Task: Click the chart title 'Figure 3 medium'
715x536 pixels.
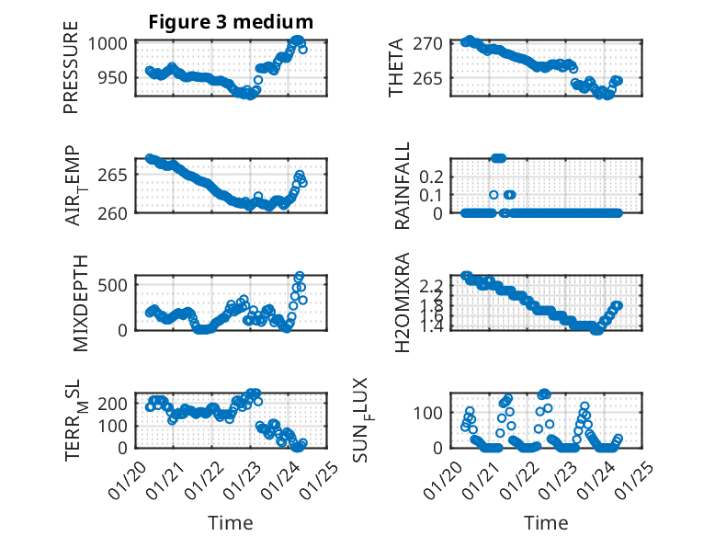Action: (231, 22)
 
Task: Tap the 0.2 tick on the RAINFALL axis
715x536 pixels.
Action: (432, 176)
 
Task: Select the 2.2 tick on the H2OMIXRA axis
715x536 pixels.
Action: (432, 286)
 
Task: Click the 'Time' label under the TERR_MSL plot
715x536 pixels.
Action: (231, 522)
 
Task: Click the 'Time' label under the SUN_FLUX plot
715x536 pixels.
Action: (546, 522)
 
